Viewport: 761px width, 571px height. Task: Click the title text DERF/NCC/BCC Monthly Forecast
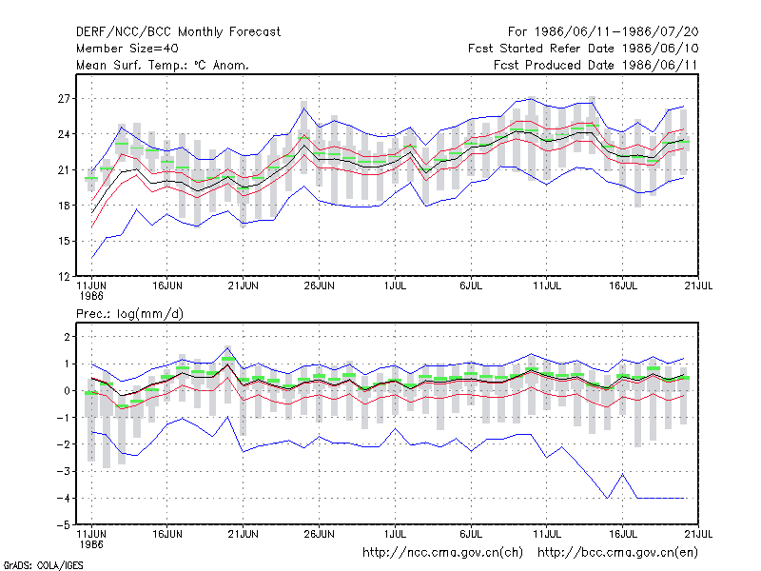(178, 32)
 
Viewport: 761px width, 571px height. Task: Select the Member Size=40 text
(127, 49)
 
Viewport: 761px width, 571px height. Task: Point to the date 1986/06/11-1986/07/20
(616, 32)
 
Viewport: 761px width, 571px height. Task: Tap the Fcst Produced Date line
(595, 65)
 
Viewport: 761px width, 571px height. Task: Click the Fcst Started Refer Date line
(583, 49)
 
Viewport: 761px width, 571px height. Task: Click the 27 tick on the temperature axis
(64, 99)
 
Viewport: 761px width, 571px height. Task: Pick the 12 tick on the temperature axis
(64, 277)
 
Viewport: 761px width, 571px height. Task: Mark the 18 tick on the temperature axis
(64, 206)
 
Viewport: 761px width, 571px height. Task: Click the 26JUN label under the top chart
(319, 286)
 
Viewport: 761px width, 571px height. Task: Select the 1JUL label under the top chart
(395, 286)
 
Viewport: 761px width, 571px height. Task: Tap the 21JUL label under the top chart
(698, 286)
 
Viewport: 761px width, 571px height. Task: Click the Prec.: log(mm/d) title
(129, 314)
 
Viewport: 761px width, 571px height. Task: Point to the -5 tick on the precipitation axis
(63, 525)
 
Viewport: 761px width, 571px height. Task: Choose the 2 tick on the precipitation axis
(67, 337)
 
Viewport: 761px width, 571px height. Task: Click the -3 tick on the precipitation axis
(63, 471)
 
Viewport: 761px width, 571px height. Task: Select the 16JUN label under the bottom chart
(167, 534)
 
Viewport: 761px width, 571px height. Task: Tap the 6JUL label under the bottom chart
(471, 534)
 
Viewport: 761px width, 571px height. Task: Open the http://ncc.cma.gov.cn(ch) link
(442, 553)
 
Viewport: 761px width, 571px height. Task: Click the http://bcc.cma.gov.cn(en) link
(617, 553)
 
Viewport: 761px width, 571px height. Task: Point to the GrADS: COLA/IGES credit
(43, 565)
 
